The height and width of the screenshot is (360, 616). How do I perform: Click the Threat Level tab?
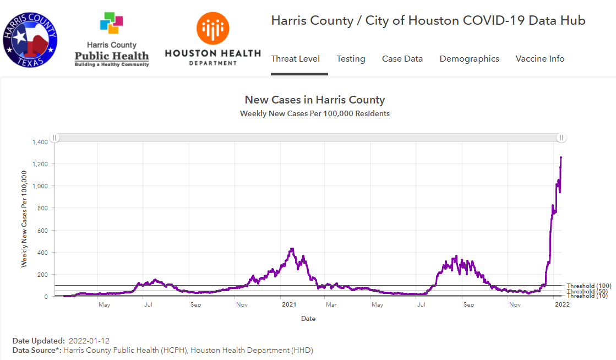click(295, 59)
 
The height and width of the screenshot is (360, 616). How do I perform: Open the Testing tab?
click(351, 59)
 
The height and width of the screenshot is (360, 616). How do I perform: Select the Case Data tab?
click(402, 59)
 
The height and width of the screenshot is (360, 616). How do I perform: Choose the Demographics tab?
click(469, 59)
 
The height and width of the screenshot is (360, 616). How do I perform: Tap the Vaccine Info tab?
click(539, 59)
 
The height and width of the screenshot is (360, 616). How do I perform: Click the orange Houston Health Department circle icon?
click(212, 29)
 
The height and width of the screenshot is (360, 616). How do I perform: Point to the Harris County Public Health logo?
click(112, 39)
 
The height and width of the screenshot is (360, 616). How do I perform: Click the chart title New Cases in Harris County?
click(314, 100)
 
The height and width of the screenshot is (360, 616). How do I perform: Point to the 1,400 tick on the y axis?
click(40, 142)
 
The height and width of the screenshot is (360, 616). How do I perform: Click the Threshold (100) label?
click(588, 286)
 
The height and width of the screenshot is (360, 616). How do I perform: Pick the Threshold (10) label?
click(587, 296)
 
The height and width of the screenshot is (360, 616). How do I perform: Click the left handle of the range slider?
click(54, 138)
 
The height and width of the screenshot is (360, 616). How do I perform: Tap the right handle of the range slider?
click(561, 138)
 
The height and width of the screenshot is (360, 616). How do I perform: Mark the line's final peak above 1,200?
click(561, 157)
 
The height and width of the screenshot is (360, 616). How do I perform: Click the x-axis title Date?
click(308, 319)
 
